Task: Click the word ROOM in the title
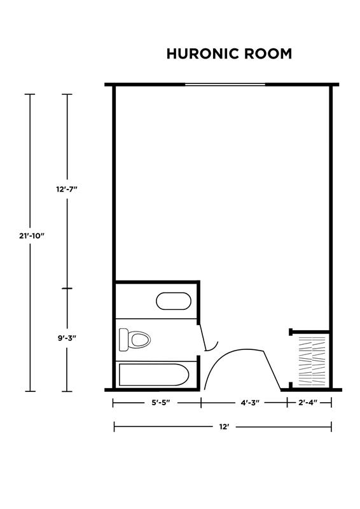pos(268,53)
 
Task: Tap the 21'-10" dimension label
pos(31,235)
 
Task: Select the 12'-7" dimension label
pos(67,189)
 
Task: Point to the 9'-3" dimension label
pos(67,338)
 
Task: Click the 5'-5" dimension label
pos(161,403)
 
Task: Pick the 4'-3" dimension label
pos(250,403)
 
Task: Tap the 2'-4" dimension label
pos(308,403)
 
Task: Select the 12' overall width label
pos(224,427)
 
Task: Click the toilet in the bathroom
pos(135,340)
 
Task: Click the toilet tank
pos(123,340)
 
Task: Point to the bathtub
pos(154,375)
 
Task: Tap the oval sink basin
pos(174,301)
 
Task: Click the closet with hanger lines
pos(311,360)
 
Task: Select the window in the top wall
pos(225,85)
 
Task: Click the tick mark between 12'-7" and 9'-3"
pos(67,288)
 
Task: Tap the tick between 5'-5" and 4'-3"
pos(201,403)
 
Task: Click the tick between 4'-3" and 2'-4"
pos(287,403)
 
